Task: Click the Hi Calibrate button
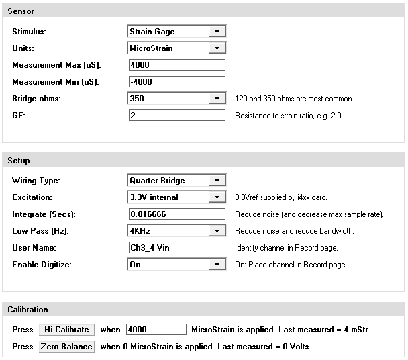pyautogui.click(x=66, y=330)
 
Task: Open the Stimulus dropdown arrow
pyautogui.click(x=216, y=32)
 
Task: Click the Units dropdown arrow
pyautogui.click(x=216, y=48)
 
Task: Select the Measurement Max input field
pyautogui.click(x=176, y=65)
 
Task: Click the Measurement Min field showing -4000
pyautogui.click(x=176, y=82)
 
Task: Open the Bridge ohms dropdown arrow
pyautogui.click(x=216, y=99)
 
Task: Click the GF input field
pyautogui.click(x=176, y=116)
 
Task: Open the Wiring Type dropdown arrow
pyautogui.click(x=216, y=181)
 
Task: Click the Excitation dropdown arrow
pyautogui.click(x=216, y=197)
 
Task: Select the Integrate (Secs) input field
pyautogui.click(x=176, y=214)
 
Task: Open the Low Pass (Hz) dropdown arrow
pyautogui.click(x=216, y=231)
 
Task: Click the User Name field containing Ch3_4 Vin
pyautogui.click(x=176, y=248)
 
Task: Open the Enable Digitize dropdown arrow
pyautogui.click(x=216, y=265)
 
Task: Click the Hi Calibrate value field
pyautogui.click(x=155, y=330)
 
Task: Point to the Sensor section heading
pyautogui.click(x=21, y=12)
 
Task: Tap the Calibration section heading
pyautogui.click(x=28, y=310)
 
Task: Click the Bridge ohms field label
pyautogui.click(x=36, y=99)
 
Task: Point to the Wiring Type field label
pyautogui.click(x=36, y=181)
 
